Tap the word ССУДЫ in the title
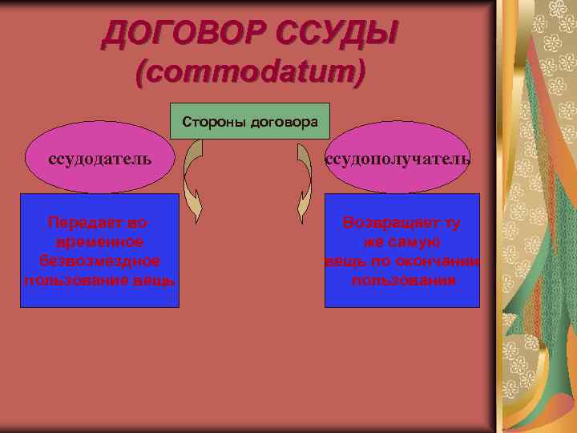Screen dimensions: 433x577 336,35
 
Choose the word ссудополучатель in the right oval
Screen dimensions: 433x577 397,158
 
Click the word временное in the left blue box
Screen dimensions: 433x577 100,241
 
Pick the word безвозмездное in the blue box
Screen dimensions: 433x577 100,261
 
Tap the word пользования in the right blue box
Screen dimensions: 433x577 404,280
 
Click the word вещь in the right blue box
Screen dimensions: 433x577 343,261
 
